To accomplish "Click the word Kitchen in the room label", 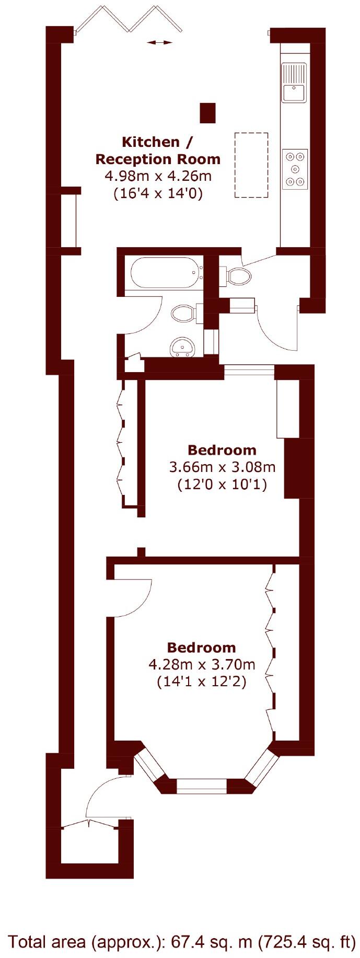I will click(143, 142).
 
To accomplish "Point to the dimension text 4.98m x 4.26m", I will click(158, 176).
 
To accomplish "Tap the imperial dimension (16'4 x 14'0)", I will click(158, 193).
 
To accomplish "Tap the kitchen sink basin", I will click(294, 93).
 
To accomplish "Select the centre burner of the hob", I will click(295, 168).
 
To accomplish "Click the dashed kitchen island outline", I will click(251, 165).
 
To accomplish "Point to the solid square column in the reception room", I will click(207, 112).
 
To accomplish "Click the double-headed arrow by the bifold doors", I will click(159, 43).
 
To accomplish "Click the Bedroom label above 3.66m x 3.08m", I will click(222, 450).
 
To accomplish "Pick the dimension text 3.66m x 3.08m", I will click(222, 467).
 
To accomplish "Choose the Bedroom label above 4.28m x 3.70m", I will click(201, 648).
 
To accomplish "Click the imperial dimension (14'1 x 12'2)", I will click(201, 682).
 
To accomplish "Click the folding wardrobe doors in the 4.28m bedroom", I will click(270, 648).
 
